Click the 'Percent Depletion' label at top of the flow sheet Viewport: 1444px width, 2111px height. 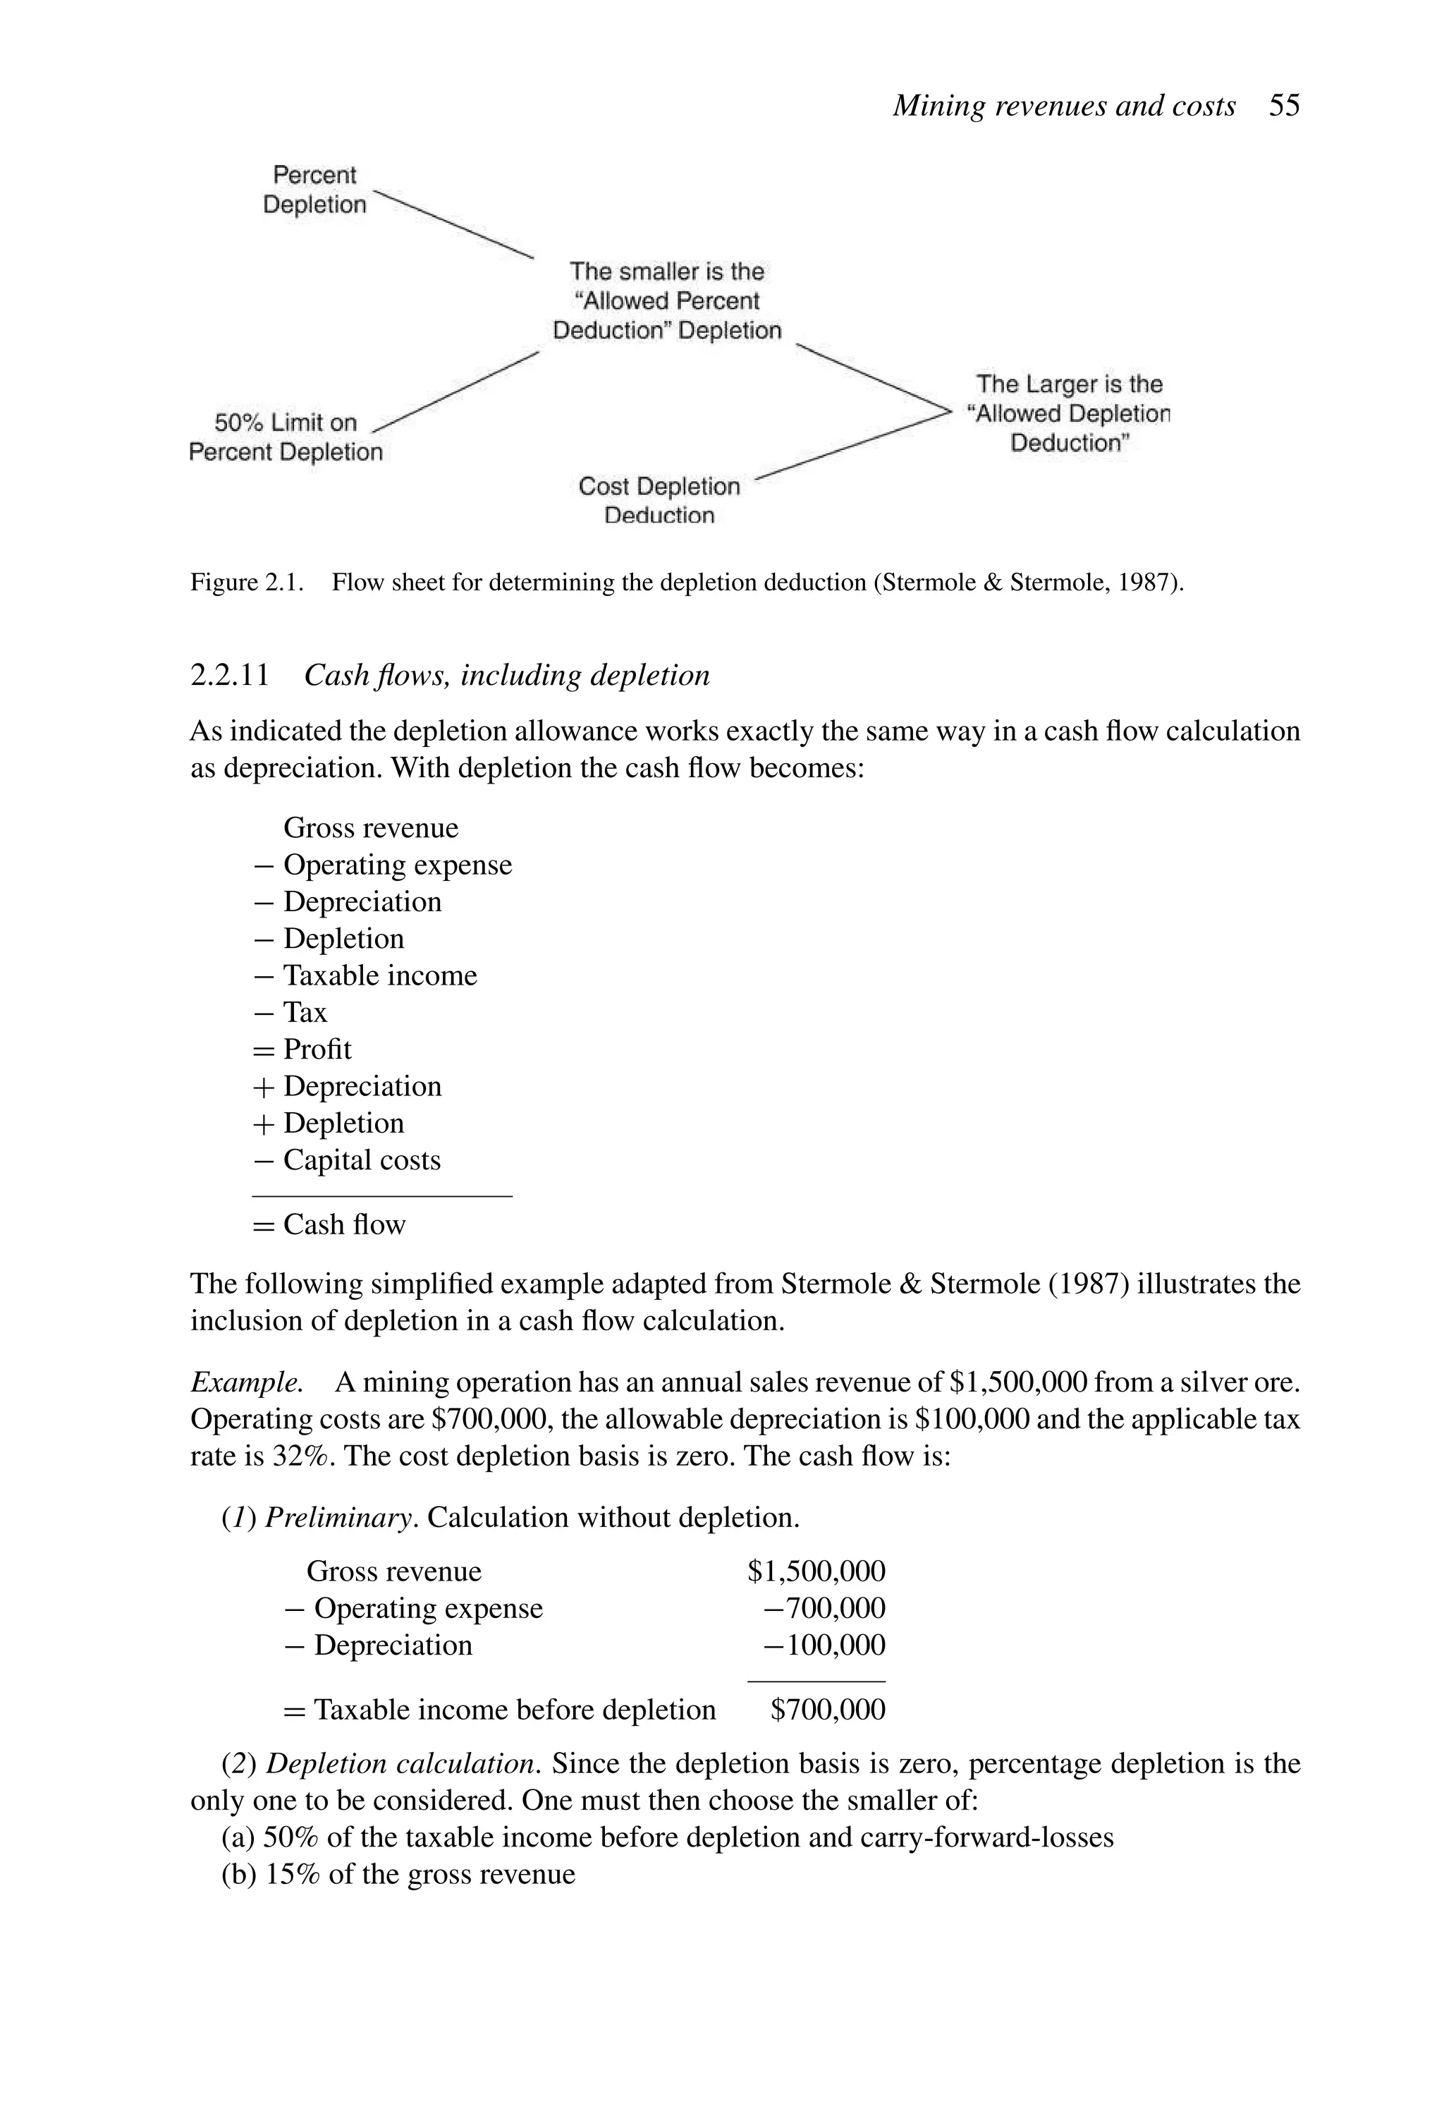tap(314, 189)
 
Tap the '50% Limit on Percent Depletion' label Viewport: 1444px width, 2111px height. tap(285, 437)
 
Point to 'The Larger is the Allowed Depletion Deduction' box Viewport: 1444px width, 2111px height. tap(1069, 413)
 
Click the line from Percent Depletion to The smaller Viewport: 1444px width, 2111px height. tap(454, 224)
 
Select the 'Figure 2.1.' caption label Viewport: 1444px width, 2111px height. tap(246, 583)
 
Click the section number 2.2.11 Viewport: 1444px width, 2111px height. tap(230, 676)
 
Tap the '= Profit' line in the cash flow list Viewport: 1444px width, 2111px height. tap(303, 1049)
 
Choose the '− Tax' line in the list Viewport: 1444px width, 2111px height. tap(291, 1012)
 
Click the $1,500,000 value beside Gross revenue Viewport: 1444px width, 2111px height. tap(816, 1571)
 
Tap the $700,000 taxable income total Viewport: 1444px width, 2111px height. tap(827, 1710)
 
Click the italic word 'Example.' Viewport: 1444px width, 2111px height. tap(246, 1382)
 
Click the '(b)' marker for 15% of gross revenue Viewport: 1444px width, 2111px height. tap(239, 1875)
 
